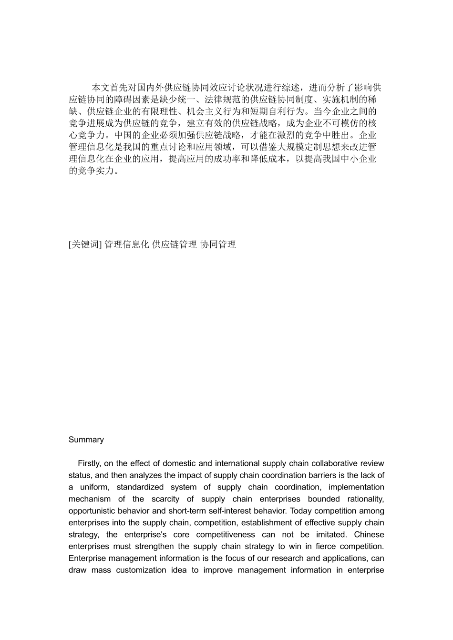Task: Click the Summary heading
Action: (x=86, y=440)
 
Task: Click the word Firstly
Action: (x=89, y=463)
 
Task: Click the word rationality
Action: (x=366, y=499)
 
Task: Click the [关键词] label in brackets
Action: (x=85, y=245)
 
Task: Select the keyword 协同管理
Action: (x=218, y=245)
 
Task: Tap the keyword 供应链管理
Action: (x=175, y=245)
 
